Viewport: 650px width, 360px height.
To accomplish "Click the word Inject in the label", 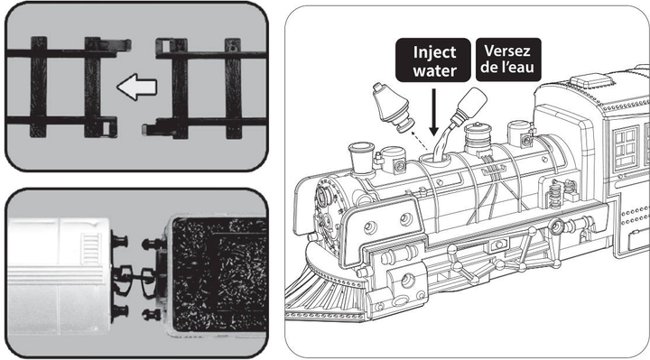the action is click(x=434, y=52).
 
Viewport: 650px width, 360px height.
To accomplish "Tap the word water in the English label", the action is click(x=434, y=70).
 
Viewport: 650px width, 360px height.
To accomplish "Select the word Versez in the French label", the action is click(x=507, y=51).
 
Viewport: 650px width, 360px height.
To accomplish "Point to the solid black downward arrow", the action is click(x=433, y=112).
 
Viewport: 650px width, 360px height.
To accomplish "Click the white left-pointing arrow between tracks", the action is click(x=136, y=87).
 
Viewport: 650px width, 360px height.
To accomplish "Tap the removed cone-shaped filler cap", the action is click(x=392, y=107).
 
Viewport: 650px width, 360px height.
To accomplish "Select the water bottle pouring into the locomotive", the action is click(x=469, y=106).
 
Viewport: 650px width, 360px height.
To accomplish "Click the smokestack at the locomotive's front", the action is click(x=361, y=157).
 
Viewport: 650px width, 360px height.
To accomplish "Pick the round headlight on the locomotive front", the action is click(x=324, y=196).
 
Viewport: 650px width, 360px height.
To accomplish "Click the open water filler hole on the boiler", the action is click(x=433, y=158).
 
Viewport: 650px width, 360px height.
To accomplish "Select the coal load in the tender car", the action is click(x=218, y=274).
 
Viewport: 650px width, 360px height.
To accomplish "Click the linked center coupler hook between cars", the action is click(x=134, y=275).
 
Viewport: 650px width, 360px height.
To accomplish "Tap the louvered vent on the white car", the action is click(x=91, y=249).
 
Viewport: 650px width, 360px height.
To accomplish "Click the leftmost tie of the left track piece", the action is click(x=39, y=87).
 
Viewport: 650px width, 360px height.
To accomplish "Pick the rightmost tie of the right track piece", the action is click(x=233, y=88).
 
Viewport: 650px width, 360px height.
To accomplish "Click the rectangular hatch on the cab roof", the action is click(x=590, y=80).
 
